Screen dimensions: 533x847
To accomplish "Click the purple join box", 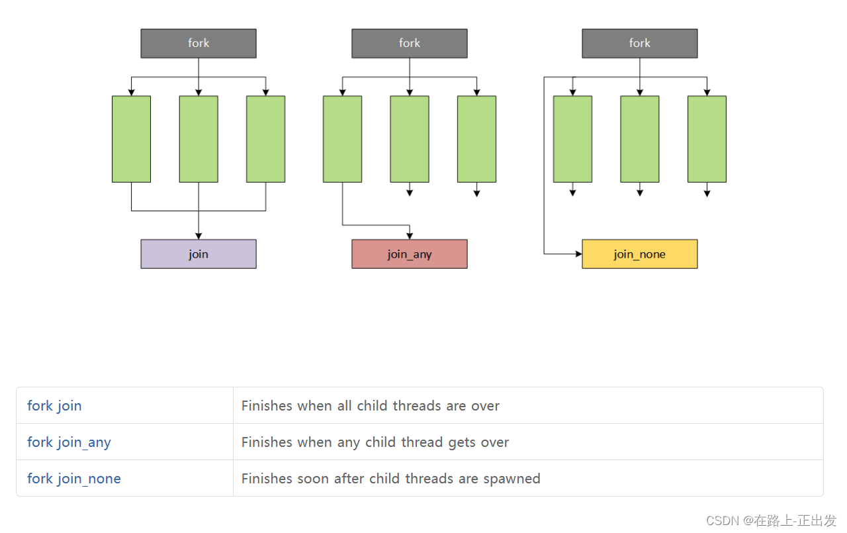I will click(x=199, y=254).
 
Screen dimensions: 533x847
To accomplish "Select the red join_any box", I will click(x=409, y=254).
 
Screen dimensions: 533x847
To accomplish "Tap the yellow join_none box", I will click(x=639, y=254).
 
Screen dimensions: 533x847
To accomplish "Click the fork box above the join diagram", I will click(x=199, y=43).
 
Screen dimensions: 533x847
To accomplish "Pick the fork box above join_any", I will click(x=409, y=43).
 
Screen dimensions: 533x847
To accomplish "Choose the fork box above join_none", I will click(x=639, y=43).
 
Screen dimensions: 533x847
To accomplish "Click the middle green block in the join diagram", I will click(x=199, y=139).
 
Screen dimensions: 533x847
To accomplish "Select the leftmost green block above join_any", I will click(x=342, y=139).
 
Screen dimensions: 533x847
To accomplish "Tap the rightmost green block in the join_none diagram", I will click(x=707, y=139).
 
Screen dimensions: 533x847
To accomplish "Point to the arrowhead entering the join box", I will click(x=199, y=236).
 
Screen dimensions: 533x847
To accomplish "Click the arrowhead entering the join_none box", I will click(x=578, y=254).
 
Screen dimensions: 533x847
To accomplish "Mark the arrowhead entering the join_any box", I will click(x=410, y=236).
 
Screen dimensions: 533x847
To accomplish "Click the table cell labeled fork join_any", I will click(x=69, y=442).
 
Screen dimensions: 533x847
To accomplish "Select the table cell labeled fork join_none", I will click(x=74, y=479).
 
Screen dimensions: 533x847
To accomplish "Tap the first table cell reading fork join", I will click(x=54, y=406).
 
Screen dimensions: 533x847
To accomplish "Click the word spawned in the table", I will click(x=512, y=479).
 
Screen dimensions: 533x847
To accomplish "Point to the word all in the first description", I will click(x=344, y=406).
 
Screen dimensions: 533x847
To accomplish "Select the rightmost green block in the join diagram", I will click(x=265, y=139).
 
